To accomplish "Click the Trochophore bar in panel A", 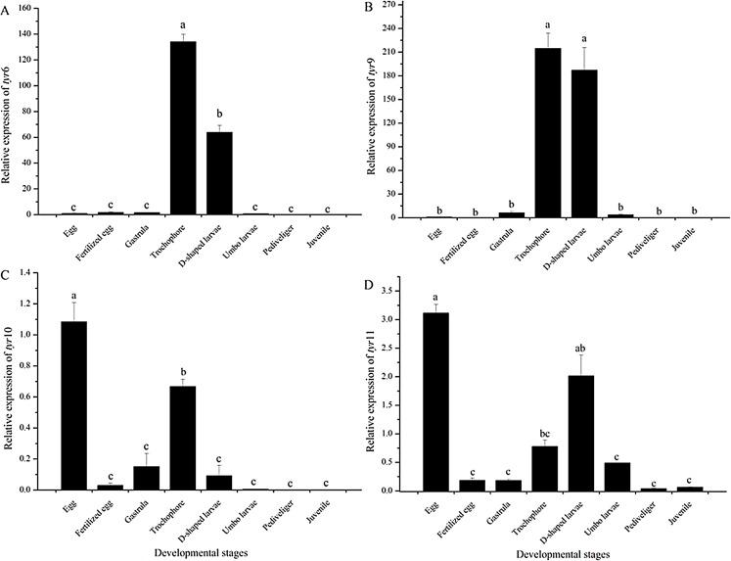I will [183, 128].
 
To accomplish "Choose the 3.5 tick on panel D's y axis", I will [390, 291].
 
